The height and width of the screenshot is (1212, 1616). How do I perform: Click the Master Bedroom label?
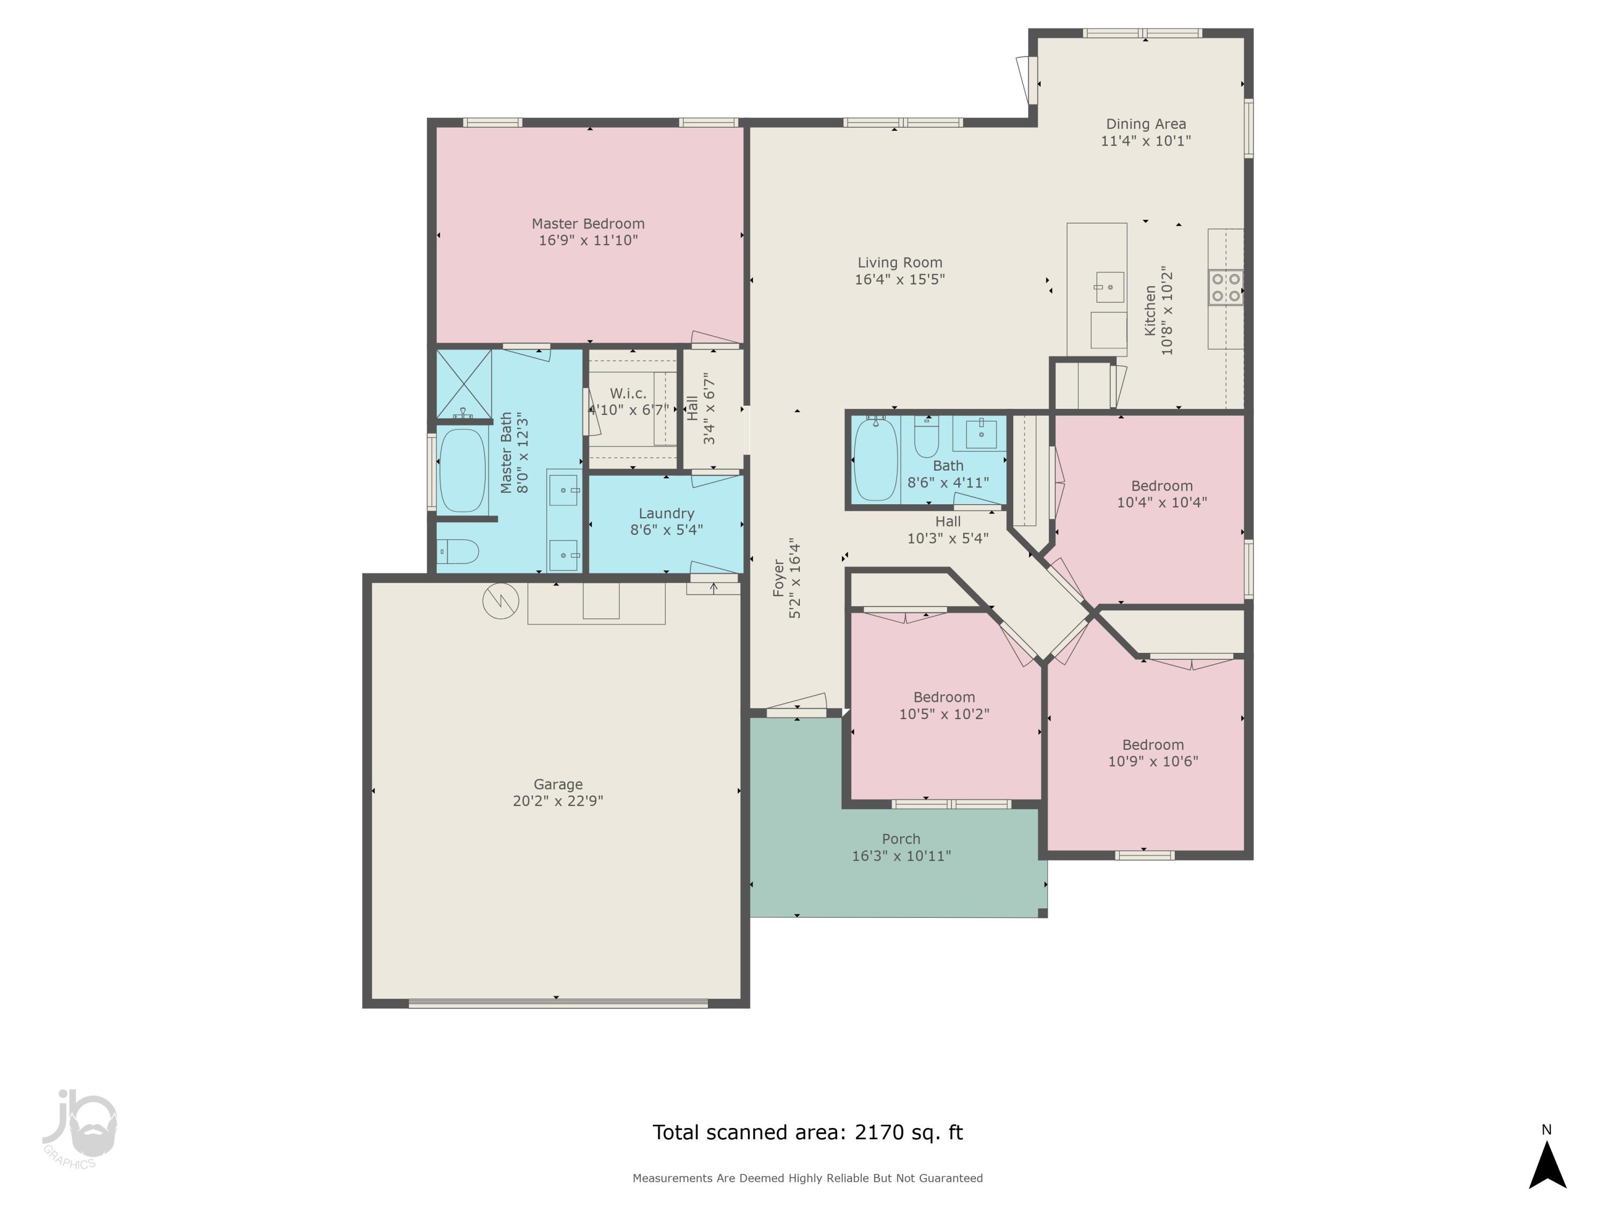click(588, 224)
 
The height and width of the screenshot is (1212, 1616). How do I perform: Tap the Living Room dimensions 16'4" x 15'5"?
click(900, 279)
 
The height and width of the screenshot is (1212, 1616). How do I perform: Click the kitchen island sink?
click(1109, 287)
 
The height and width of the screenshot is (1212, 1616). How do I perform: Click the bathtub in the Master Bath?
click(462, 470)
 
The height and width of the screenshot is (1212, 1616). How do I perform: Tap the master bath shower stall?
click(464, 383)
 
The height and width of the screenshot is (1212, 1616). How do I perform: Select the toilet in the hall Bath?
click(927, 436)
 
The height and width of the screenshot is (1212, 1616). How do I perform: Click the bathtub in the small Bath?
click(876, 459)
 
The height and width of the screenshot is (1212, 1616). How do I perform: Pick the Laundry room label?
click(666, 513)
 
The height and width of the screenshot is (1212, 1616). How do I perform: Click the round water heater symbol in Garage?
click(501, 601)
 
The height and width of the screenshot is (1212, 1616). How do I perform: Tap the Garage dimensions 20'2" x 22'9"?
click(558, 800)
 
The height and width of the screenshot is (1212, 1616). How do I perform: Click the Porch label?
click(901, 839)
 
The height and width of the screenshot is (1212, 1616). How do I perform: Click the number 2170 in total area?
click(879, 1132)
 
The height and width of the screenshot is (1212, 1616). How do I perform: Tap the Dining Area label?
click(1146, 124)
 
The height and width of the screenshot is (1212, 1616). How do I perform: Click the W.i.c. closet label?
click(628, 394)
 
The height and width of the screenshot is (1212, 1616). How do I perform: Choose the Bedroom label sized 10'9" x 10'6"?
click(1153, 744)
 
